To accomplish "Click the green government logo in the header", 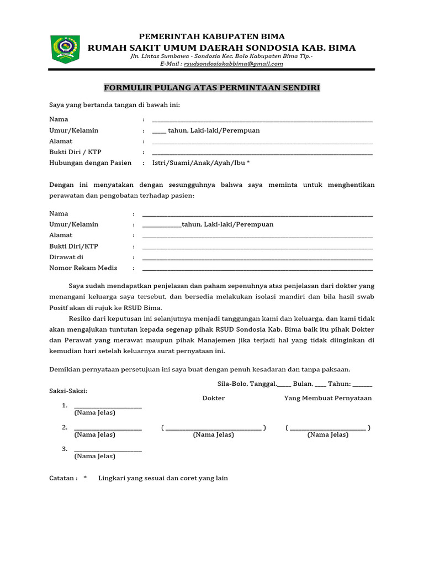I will tap(65, 49).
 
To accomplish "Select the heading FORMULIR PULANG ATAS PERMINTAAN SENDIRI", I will tap(212, 88).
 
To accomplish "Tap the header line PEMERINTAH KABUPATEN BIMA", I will tap(212, 36).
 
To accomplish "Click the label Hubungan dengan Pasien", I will tap(91, 163).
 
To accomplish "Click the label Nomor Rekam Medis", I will tap(83, 268).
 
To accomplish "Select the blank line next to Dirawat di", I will tap(257, 258).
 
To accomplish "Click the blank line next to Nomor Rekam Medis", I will tap(257, 269).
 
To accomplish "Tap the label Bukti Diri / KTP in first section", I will tap(76, 152).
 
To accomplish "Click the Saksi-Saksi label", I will tap(68, 391).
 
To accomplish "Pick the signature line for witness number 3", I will tap(108, 450).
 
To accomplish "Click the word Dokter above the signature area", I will tap(214, 398).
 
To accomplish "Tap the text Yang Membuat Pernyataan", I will tap(328, 398).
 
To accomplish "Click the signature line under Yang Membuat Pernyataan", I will tap(328, 428).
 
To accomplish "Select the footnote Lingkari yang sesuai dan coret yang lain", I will tap(163, 478).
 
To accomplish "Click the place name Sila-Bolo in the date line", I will tap(231, 384).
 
